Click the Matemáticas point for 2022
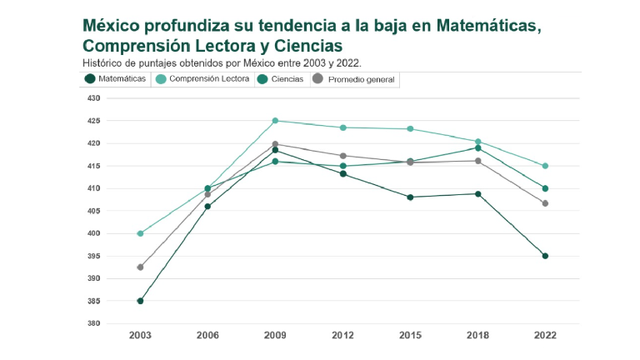(x=545, y=256)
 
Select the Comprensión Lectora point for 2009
(x=275, y=121)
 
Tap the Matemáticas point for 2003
(x=140, y=301)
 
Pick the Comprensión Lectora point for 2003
(x=140, y=233)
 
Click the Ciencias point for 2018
(x=477, y=148)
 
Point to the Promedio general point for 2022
(x=545, y=203)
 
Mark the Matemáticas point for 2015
(x=410, y=197)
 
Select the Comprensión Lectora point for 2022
(x=545, y=166)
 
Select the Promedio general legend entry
(x=354, y=79)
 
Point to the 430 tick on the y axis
(x=92, y=98)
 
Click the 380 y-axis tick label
(x=92, y=323)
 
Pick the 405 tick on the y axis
(x=92, y=211)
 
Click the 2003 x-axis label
(x=140, y=335)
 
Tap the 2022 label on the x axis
(x=545, y=335)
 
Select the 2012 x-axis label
(x=342, y=335)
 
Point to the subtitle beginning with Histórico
(x=222, y=62)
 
